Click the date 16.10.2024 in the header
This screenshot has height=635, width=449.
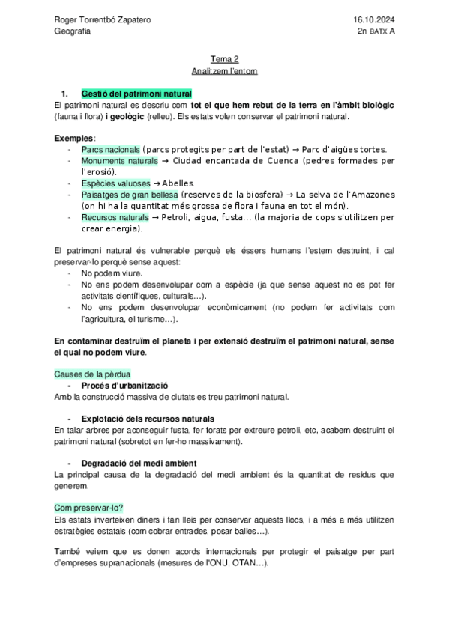[373, 19]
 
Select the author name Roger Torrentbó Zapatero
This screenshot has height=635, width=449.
[103, 19]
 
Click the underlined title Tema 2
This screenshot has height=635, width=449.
[224, 59]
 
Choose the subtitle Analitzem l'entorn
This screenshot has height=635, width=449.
[224, 72]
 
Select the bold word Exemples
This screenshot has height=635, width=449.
[74, 139]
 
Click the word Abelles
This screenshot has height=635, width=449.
[178, 183]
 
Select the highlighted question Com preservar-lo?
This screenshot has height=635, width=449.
[88, 507]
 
